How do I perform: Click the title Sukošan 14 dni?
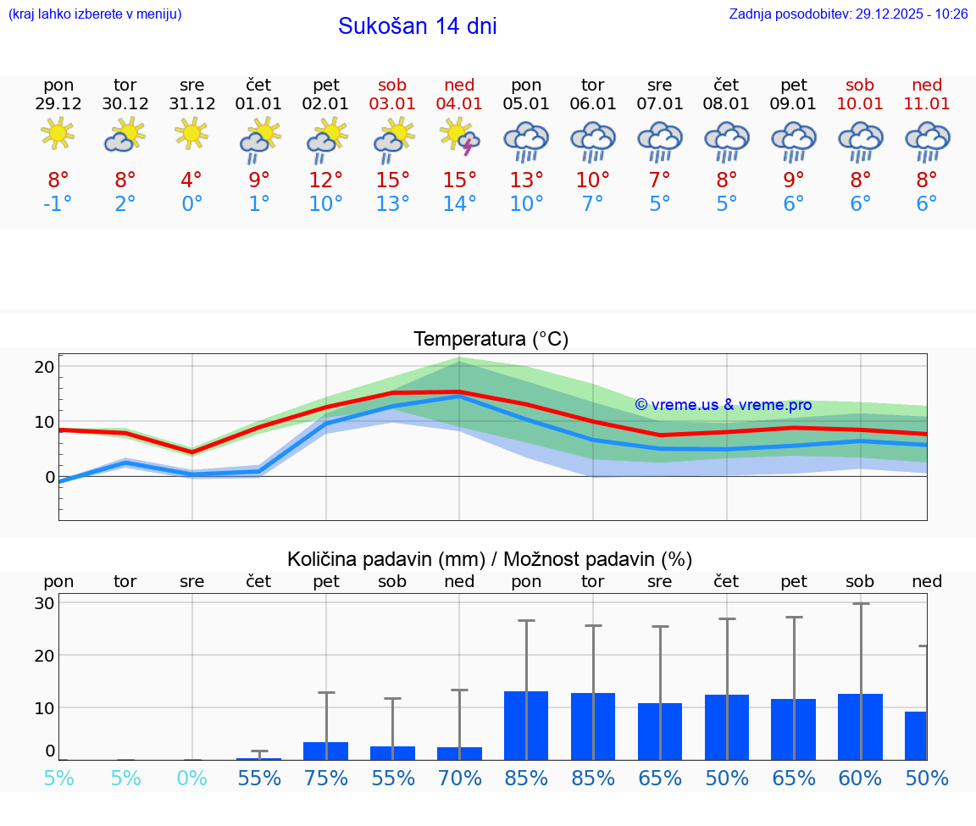(x=417, y=26)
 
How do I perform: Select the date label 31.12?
(x=192, y=104)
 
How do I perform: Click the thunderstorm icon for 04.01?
(x=459, y=138)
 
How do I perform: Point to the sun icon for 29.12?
(x=58, y=133)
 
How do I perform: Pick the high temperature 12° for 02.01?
(x=326, y=180)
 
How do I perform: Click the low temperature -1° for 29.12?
(x=58, y=204)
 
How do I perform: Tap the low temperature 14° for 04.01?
(x=459, y=204)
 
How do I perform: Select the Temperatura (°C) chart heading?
(x=491, y=340)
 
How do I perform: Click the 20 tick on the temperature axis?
(x=44, y=367)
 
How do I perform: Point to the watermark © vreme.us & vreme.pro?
(x=724, y=405)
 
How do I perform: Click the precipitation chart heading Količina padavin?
(x=490, y=559)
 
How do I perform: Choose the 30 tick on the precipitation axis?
(x=44, y=603)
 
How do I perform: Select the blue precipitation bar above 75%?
(x=326, y=751)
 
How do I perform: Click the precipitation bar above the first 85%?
(x=526, y=725)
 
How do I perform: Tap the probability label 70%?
(x=459, y=779)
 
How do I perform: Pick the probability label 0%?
(x=192, y=779)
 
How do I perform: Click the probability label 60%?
(x=860, y=779)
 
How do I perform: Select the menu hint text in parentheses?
(x=95, y=14)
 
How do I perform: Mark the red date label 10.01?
(x=860, y=104)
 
